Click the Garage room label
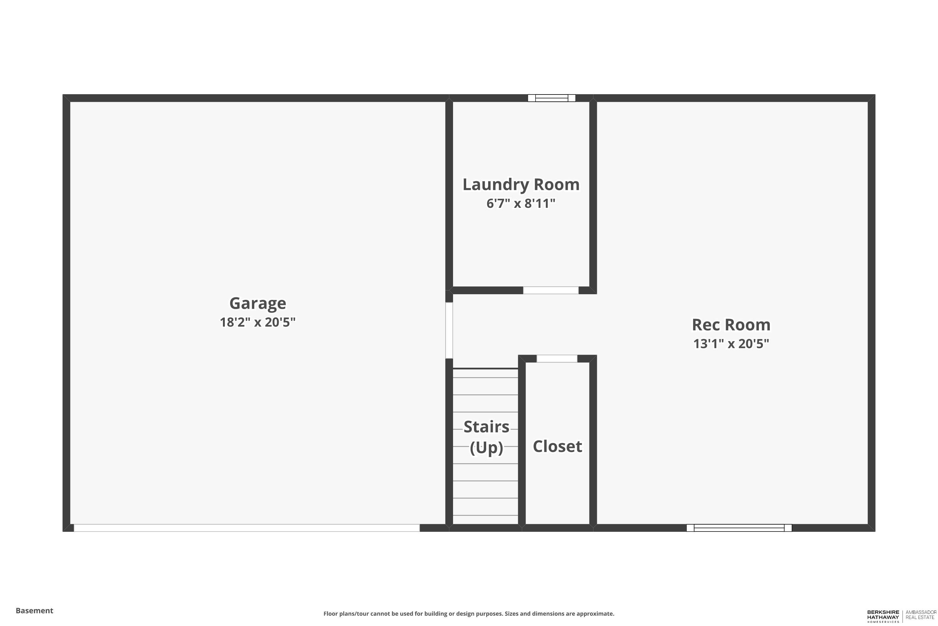pos(258,303)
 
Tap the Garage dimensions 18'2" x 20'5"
pos(258,322)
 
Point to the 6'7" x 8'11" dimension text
pos(521,204)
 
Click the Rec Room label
pos(731,325)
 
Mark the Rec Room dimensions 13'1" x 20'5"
pos(731,344)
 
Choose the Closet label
pos(557,446)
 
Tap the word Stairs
pos(486,427)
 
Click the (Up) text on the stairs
pos(486,448)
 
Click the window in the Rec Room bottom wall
pos(739,528)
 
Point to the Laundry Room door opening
pos(551,290)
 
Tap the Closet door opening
pos(557,358)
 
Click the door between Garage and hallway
pos(449,330)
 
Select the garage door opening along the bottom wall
pos(247,528)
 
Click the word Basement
pos(34,610)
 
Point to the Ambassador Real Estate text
pos(921,615)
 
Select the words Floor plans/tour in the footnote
pos(346,613)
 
